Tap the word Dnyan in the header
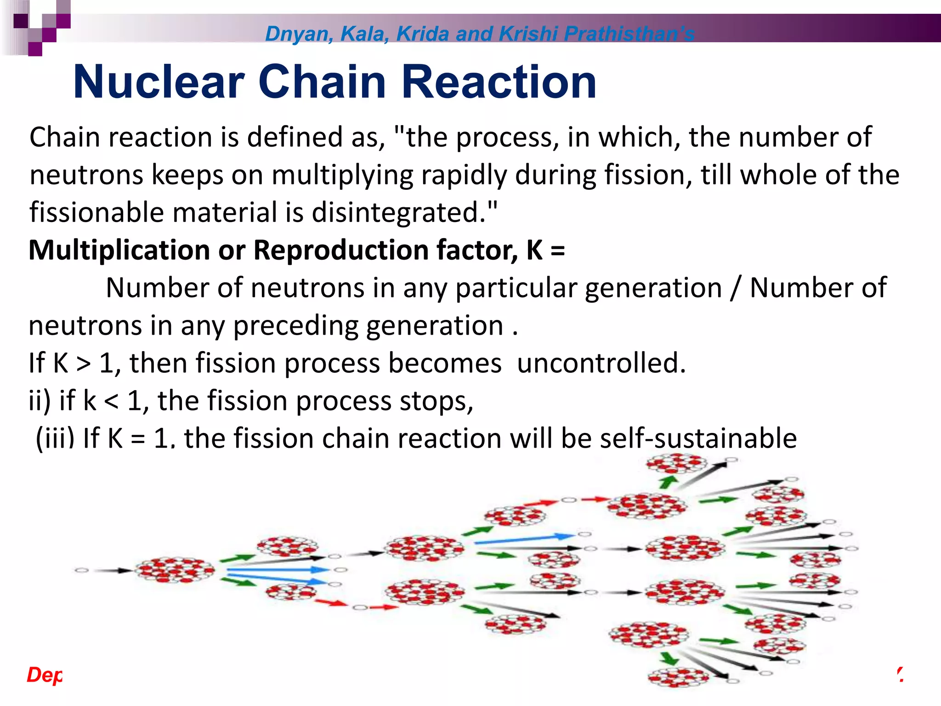299,34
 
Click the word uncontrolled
601,363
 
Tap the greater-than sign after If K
83,364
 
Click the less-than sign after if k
111,401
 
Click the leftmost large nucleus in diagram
175,570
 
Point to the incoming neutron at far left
81,570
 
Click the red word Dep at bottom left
44,675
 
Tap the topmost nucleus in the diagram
676,463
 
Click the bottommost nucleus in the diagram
678,677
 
